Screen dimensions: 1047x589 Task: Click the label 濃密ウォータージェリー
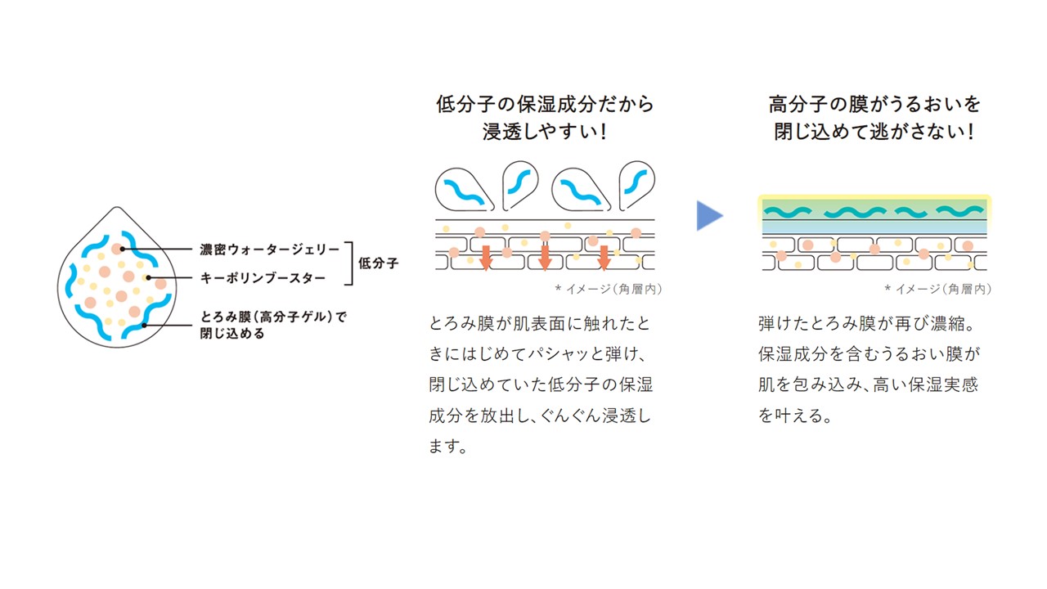[270, 250]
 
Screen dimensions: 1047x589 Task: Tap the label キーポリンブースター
[263, 278]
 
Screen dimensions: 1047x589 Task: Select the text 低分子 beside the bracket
[378, 263]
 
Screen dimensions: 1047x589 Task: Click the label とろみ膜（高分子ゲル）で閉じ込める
[273, 325]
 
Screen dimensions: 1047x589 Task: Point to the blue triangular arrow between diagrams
[709, 215]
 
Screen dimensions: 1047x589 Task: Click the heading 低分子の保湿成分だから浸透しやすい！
[545, 117]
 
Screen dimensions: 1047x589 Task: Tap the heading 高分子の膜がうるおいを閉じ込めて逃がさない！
[874, 117]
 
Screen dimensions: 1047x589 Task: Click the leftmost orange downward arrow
[486, 258]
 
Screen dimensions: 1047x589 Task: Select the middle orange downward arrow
[545, 258]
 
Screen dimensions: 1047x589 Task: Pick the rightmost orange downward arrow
[604, 258]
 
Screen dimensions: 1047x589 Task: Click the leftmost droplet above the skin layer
[463, 190]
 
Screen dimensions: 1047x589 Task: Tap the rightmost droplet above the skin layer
[636, 186]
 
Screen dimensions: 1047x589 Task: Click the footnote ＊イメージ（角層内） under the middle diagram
[609, 290]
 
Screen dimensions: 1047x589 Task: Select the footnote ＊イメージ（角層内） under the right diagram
[938, 290]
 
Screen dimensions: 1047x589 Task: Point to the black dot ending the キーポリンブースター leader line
[148, 277]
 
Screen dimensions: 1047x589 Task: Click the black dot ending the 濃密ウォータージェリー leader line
[122, 250]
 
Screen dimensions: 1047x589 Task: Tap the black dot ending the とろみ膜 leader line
[145, 326]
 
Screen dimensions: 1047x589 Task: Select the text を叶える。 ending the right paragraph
[795, 416]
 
